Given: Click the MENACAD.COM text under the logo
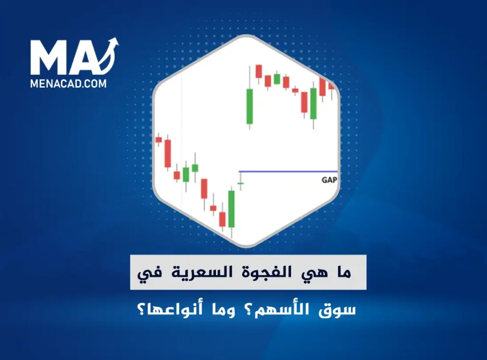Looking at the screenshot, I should tap(68, 84).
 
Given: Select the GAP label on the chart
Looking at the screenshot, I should tap(329, 180).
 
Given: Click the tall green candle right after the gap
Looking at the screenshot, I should tap(249, 106).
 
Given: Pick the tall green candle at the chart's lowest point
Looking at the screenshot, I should tap(232, 209).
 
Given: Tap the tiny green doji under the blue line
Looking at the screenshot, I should tap(241, 183).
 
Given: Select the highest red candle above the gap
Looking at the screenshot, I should tap(259, 71).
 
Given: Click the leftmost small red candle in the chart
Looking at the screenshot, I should tap(159, 140).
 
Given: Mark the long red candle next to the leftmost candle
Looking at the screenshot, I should tap(168, 153).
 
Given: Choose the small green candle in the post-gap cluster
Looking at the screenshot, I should tap(277, 78).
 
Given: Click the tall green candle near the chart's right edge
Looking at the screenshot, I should tap(313, 103).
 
